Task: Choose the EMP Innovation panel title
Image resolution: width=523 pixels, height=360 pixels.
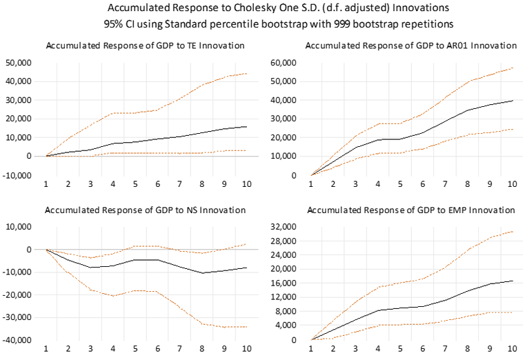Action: click(410, 210)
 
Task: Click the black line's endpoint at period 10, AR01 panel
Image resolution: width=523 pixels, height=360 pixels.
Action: click(511, 101)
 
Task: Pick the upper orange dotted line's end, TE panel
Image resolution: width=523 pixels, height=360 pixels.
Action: click(247, 73)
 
